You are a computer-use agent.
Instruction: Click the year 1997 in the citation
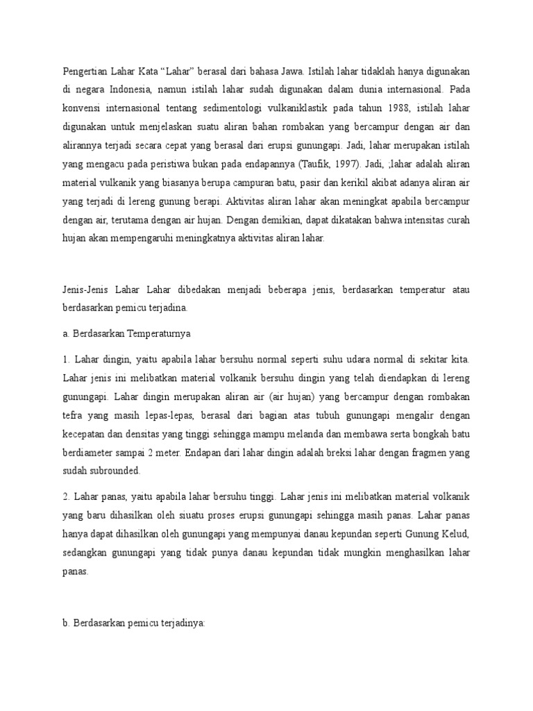click(341, 164)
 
